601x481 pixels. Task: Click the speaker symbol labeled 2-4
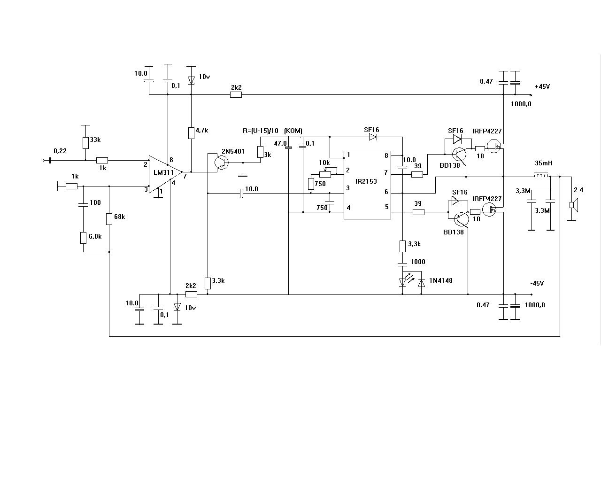pyautogui.click(x=572, y=204)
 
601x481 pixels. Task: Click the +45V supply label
pyautogui.click(x=542, y=87)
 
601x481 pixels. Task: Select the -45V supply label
pyautogui.click(x=537, y=283)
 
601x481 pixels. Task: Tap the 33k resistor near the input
pyautogui.click(x=85, y=143)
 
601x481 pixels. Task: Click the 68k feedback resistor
pyautogui.click(x=109, y=219)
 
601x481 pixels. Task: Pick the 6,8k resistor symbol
pyautogui.click(x=83, y=238)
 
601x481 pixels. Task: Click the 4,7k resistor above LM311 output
pyautogui.click(x=191, y=133)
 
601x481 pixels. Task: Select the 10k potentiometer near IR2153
pyautogui.click(x=325, y=173)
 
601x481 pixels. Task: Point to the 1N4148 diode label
pyautogui.click(x=440, y=280)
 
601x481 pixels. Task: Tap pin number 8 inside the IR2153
pyautogui.click(x=386, y=155)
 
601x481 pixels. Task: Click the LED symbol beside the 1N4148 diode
pyautogui.click(x=402, y=282)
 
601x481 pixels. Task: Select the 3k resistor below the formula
pyautogui.click(x=260, y=152)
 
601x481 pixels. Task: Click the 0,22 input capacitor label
pyautogui.click(x=60, y=151)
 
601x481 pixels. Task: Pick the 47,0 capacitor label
pyautogui.click(x=280, y=143)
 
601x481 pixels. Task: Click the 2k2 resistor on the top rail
pyautogui.click(x=236, y=94)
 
